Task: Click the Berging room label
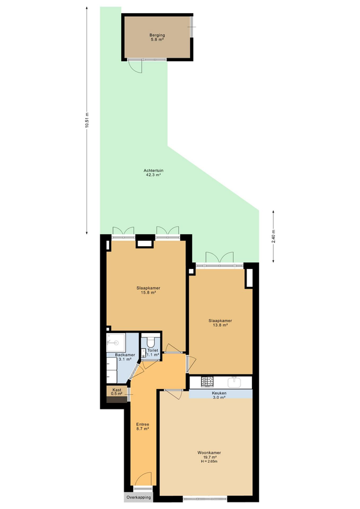(157, 35)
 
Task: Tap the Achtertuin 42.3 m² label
(154, 172)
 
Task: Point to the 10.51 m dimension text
(86, 120)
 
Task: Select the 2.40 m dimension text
(274, 236)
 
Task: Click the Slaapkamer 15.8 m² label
(148, 290)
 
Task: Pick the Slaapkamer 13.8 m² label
(220, 323)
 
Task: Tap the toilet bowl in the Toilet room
(151, 342)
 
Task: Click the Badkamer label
(125, 355)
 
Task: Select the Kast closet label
(117, 390)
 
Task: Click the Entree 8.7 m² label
(143, 427)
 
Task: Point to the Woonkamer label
(209, 453)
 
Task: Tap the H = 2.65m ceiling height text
(209, 461)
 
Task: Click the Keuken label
(220, 393)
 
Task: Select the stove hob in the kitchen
(207, 382)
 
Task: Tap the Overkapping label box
(139, 498)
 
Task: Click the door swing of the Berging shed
(136, 67)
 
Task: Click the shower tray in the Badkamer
(116, 342)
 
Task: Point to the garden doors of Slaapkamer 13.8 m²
(220, 258)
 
